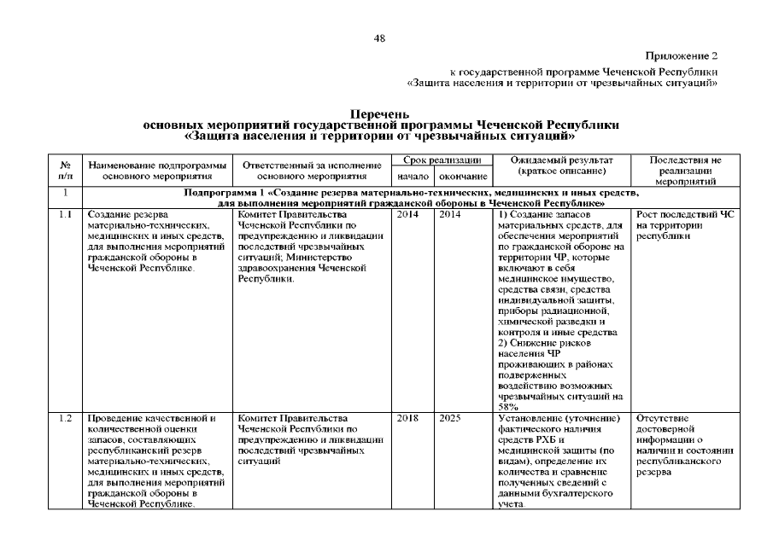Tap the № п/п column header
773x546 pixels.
(x=66, y=168)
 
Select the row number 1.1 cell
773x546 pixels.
(x=66, y=214)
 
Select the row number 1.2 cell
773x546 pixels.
(x=66, y=418)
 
